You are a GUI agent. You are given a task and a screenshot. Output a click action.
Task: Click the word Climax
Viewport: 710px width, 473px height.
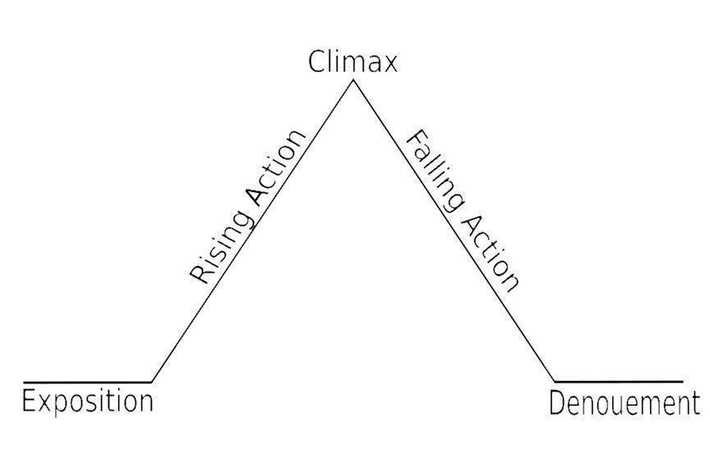(353, 62)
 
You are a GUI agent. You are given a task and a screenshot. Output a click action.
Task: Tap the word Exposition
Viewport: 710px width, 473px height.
(88, 402)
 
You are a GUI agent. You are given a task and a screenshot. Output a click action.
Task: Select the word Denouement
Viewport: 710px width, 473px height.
(625, 403)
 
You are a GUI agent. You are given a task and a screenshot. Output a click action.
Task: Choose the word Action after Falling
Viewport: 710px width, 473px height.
(490, 254)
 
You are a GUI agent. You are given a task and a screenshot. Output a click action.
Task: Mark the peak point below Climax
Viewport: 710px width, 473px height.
(353, 80)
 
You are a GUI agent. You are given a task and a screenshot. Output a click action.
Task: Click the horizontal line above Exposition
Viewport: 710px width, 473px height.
(87, 383)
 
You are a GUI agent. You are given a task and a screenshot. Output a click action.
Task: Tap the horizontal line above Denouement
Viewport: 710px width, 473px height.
(619, 382)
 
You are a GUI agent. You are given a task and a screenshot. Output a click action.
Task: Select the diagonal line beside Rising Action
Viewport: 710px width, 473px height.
(252, 231)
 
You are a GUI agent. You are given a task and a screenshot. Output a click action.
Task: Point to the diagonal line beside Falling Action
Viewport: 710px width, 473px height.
(454, 231)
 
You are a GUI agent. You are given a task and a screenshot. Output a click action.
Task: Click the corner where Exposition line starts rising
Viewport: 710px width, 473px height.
(151, 383)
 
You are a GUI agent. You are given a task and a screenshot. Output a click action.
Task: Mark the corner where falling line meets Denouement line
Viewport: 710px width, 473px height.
(555, 382)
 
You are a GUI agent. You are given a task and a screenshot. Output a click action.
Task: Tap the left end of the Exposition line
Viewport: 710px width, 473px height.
(24, 383)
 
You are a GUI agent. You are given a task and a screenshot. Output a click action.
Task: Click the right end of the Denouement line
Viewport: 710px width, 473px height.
(682, 382)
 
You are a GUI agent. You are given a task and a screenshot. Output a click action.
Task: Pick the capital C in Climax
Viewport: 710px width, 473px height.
(317, 62)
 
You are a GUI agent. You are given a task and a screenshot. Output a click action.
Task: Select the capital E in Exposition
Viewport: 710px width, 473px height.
(29, 401)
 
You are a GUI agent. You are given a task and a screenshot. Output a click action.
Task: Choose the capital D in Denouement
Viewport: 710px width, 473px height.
(558, 404)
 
